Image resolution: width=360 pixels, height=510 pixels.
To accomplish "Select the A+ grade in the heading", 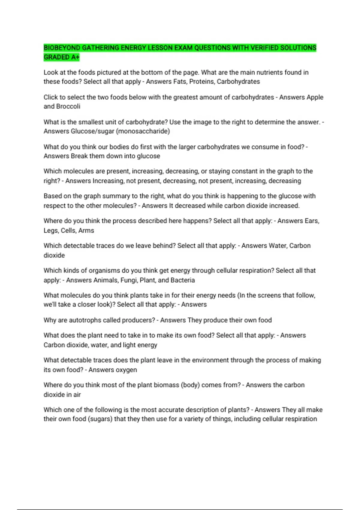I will point(75,57).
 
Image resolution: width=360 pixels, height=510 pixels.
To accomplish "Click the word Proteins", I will point(201,82).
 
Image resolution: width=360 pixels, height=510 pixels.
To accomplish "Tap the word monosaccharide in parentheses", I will point(144,131).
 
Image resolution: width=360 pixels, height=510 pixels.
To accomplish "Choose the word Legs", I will point(51,230).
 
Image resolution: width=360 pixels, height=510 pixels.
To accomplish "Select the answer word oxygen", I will point(127,370).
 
